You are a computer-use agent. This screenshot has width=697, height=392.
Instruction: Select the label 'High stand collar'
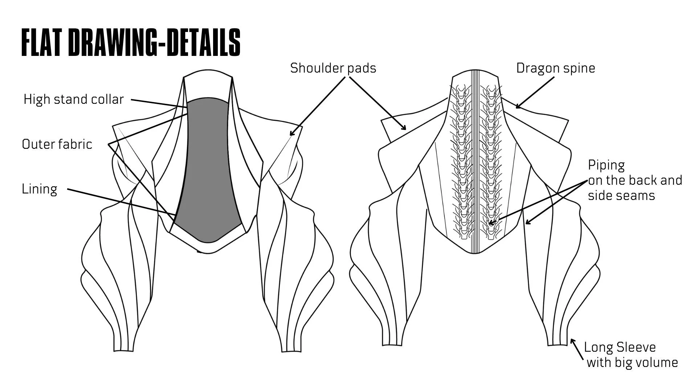pos(74,99)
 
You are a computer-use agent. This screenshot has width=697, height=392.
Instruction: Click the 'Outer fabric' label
pos(57,144)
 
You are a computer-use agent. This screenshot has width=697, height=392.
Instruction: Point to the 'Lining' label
pos(40,189)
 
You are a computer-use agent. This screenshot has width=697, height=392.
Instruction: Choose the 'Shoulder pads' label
pos(333,68)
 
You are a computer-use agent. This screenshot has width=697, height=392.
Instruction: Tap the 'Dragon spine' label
pos(555,68)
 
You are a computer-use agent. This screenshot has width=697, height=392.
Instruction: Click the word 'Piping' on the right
pos(606,165)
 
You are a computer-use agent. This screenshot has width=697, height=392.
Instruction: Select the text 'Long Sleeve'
pos(620,347)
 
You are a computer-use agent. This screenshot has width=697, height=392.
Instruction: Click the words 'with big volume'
pos(632,363)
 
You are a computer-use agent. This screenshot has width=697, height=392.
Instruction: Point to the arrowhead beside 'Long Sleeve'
pos(572,341)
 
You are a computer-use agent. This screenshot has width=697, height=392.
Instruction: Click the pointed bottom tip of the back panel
pos(474,253)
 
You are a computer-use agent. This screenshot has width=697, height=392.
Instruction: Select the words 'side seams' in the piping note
pos(621,196)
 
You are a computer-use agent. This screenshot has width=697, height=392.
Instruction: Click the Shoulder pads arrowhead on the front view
pos(291,134)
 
